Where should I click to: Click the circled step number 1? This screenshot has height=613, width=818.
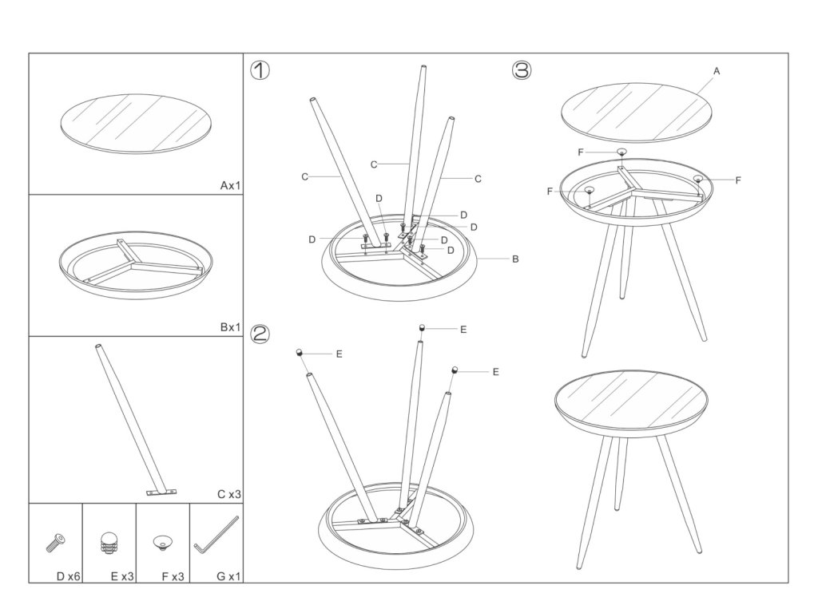260,70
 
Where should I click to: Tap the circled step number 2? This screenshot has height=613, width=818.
260,334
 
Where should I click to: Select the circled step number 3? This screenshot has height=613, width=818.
521,70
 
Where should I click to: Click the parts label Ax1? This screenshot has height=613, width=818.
230,185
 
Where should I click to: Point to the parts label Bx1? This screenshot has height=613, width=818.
230,326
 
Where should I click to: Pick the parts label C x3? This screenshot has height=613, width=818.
228,494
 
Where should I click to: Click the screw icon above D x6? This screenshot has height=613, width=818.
56,543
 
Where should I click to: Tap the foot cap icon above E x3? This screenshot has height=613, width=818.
109,544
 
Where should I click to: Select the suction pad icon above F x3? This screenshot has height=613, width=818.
162,544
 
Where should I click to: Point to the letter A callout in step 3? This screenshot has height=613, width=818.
717,71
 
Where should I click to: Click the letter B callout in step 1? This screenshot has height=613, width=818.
515,259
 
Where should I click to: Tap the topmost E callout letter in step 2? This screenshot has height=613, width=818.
463,328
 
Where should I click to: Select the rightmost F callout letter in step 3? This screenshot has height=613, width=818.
737,180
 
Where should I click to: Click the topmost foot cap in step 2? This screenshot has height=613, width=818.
423,327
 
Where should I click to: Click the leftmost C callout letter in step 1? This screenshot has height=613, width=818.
304,176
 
